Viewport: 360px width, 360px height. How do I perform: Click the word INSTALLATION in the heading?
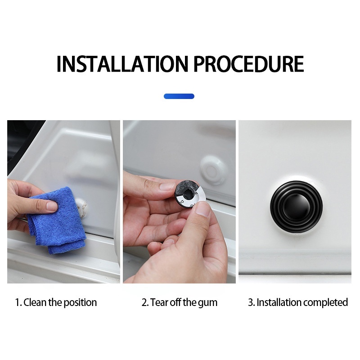click(x=122, y=64)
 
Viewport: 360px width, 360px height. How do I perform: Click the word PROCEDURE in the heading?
click(x=249, y=64)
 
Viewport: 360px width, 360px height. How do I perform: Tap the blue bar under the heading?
click(x=179, y=96)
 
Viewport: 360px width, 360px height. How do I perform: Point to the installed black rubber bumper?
click(x=296, y=207)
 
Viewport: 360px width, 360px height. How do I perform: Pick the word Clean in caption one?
click(x=35, y=302)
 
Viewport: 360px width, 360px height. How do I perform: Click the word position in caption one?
click(x=80, y=303)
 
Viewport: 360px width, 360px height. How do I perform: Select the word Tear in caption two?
click(x=158, y=302)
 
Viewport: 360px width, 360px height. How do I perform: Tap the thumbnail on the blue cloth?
click(x=52, y=206)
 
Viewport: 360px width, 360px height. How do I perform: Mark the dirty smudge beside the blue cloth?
click(x=82, y=208)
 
